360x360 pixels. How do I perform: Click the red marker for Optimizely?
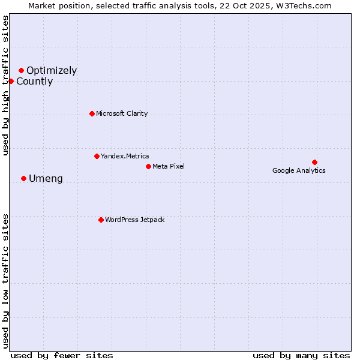21,71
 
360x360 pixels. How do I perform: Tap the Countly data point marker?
11,81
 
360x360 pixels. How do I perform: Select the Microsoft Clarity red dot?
92,113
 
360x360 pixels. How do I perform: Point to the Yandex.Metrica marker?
97,156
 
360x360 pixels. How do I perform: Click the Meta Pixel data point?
148,166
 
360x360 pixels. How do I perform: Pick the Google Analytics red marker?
314,162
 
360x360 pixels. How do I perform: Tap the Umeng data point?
23,178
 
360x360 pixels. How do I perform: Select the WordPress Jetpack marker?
101,220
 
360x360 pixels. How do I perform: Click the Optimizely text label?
52,71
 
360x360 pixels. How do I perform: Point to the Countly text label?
34,82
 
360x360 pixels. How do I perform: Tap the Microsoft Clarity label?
122,113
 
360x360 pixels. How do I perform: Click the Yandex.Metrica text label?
125,156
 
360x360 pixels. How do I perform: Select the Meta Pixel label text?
169,166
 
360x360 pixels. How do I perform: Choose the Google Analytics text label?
299,170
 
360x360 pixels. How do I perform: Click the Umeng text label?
46,179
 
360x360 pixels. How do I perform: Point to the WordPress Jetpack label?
134,220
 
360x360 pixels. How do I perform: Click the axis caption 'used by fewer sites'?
62,355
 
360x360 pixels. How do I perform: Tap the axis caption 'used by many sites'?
301,355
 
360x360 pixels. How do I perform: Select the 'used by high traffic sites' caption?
5,85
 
